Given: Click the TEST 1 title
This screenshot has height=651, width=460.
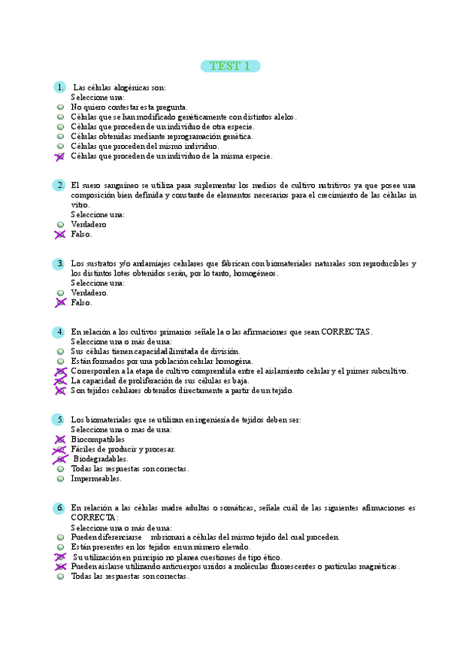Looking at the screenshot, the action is point(230,66).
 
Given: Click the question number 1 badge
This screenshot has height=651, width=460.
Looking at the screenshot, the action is point(60,87).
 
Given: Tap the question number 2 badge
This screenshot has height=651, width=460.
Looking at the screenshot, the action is point(60,185).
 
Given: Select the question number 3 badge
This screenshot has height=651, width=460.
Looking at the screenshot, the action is point(60,263).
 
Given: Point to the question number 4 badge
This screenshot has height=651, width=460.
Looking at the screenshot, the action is point(60,332).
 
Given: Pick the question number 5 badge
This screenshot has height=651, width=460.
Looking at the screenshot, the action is point(60,419).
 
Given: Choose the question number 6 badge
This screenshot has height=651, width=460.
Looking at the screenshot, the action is point(60,508).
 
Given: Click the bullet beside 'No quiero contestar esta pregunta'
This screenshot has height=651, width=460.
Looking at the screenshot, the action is point(60,107).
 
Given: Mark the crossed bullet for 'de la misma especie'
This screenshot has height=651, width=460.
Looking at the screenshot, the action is point(60,156).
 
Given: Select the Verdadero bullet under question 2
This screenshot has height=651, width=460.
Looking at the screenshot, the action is point(60,224).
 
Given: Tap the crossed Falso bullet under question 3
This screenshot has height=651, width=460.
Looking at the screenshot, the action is point(60,302).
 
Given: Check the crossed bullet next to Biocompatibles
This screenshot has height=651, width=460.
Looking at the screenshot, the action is point(60,439).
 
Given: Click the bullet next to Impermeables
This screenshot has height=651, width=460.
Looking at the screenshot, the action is point(60,478).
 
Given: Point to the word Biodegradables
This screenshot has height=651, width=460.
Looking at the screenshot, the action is point(101,458).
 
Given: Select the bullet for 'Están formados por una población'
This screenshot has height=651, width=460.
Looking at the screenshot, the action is point(60,361).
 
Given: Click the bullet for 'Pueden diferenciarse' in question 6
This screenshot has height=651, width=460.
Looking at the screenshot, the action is point(60,537).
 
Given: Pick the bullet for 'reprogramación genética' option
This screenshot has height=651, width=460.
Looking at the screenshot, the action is point(60,137).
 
